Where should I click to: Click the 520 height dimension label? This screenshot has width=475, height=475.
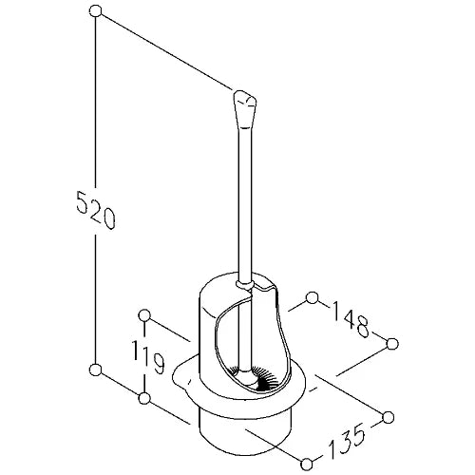pos(96,210)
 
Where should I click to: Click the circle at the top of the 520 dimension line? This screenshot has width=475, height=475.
pos(95,11)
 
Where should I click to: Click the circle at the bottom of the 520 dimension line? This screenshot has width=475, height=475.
pos(95,370)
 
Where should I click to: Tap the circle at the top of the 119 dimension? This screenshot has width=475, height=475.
pos(144,315)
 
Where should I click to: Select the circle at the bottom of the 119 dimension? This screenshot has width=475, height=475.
pos(144,398)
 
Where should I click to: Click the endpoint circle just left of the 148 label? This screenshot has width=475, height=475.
pos(313,298)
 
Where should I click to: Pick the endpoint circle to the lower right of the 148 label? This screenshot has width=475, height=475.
pos(392,344)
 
